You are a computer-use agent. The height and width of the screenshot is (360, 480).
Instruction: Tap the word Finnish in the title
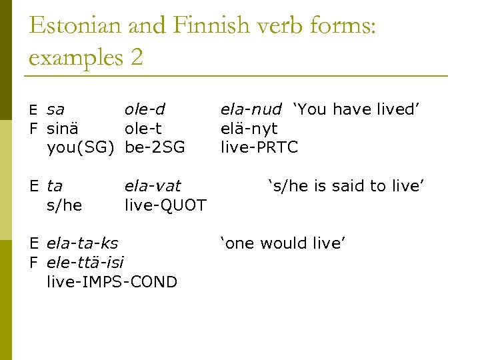tap(209, 26)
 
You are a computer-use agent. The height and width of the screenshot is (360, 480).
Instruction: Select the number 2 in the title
tap(137, 57)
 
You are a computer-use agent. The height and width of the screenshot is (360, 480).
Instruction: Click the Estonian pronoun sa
tap(56, 110)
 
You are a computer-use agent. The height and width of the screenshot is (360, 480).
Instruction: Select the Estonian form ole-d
tap(145, 109)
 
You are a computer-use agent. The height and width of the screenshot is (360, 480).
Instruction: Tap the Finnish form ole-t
tap(143, 128)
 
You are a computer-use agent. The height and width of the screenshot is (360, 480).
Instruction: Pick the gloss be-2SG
tap(155, 147)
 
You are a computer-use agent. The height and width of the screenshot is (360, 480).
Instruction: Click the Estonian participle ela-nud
tap(251, 109)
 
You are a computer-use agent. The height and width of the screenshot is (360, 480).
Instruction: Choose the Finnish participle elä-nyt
tap(249, 129)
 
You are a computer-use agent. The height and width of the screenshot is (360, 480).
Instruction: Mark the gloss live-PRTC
tap(259, 147)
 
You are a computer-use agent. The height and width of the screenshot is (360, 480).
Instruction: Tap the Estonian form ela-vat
tap(153, 186)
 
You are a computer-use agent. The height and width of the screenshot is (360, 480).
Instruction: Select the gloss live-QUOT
tap(165, 205)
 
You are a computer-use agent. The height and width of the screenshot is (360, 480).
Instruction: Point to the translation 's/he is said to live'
tap(346, 186)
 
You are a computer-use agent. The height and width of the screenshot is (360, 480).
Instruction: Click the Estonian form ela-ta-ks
tap(82, 243)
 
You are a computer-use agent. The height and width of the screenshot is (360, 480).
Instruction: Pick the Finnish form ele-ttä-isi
tap(85, 262)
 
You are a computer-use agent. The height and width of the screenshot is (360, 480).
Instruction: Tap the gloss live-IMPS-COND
tap(112, 281)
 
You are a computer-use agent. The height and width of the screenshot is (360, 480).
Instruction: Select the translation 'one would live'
tap(283, 243)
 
